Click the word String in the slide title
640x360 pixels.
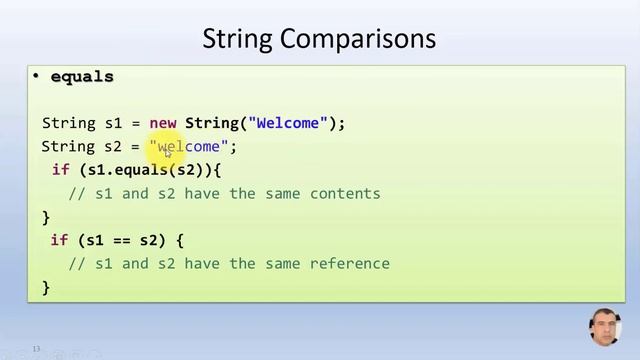click(239, 39)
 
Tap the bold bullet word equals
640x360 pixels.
click(82, 77)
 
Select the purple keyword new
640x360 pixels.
click(163, 123)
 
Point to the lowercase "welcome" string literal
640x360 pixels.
click(189, 147)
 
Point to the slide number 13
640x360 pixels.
click(36, 349)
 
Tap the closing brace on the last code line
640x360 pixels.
click(46, 287)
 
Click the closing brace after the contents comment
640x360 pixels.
click(46, 216)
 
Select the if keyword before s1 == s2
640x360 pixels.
click(59, 241)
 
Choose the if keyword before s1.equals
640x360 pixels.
click(60, 170)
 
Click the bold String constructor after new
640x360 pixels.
click(211, 123)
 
